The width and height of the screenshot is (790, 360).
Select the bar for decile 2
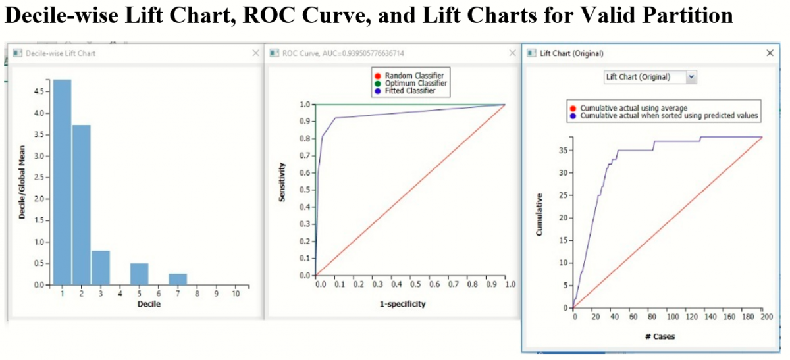pos(81,205)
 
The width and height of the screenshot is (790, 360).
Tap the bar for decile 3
pos(101,268)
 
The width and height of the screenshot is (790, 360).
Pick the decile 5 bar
pos(139,274)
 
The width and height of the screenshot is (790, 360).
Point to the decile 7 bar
pos(177,279)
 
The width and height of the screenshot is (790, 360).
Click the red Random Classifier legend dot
pos(378,76)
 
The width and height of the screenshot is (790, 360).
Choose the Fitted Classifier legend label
pos(409,91)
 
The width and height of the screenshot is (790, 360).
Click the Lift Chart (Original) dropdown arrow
pos(691,77)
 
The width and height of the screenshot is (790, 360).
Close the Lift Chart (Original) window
pos(770,53)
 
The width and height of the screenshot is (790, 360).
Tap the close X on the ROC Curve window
pos(512,53)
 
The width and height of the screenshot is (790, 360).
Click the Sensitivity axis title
pos(282,184)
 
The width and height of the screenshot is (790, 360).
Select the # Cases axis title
pos(659,336)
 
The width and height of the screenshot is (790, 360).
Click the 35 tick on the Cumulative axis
pos(562,149)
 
